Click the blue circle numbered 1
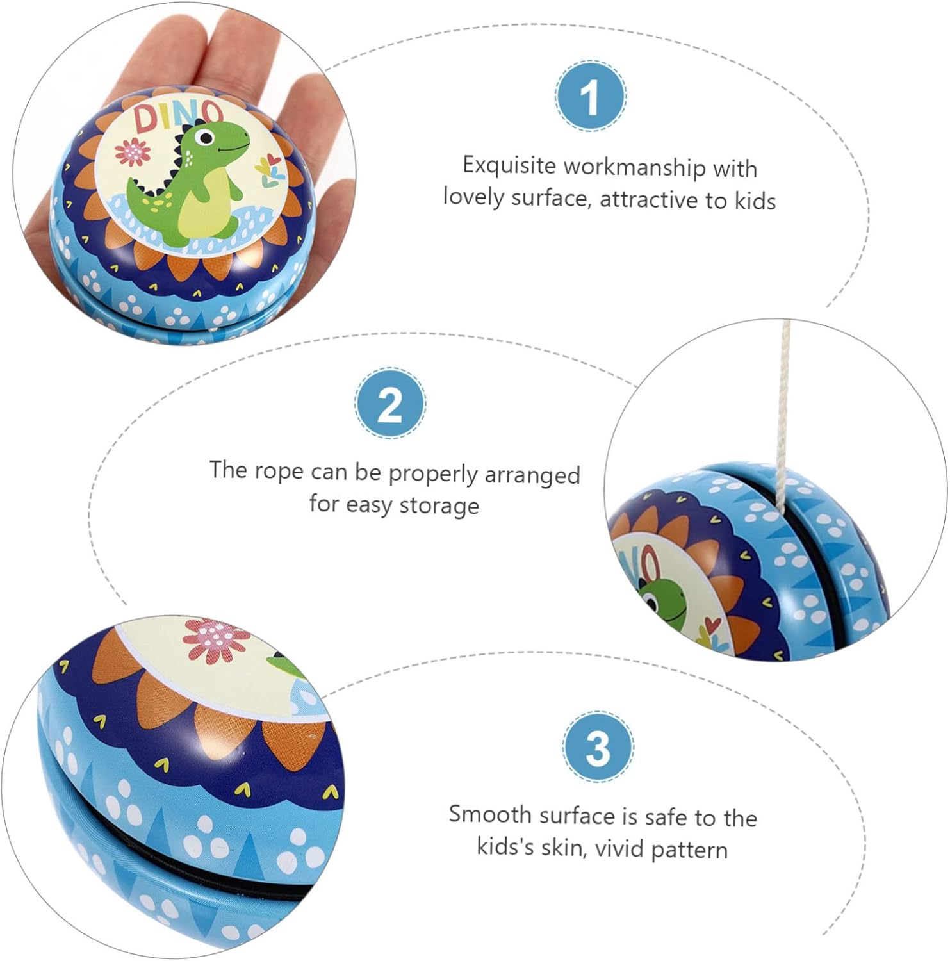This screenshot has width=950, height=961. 590,96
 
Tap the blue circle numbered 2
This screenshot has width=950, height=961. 389,404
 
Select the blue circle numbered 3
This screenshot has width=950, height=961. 598,746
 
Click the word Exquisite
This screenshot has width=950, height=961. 509,165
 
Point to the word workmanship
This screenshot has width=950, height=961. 634,167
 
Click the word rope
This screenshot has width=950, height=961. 279,472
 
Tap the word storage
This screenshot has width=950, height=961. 439,505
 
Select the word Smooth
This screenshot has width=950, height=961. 490,814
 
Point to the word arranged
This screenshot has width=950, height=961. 532,475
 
